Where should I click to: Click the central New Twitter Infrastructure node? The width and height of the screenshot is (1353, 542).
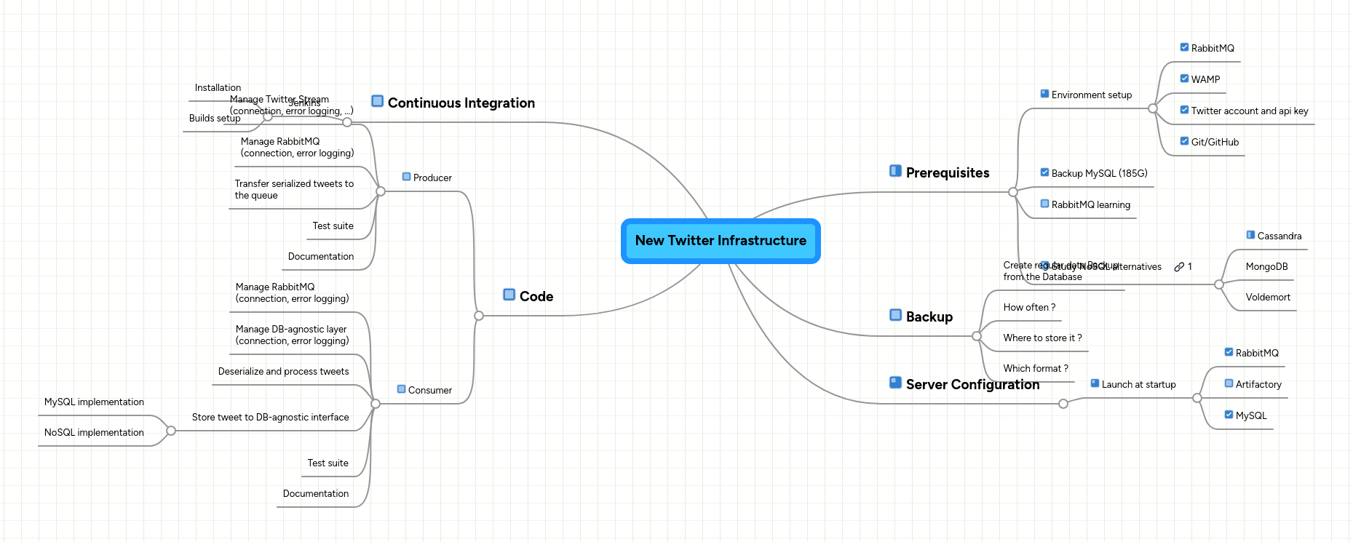point(721,241)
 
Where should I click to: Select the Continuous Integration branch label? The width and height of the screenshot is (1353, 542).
point(461,103)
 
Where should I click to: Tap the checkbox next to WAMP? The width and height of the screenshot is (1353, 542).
point(1184,79)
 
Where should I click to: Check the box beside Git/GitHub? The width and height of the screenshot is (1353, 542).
point(1184,141)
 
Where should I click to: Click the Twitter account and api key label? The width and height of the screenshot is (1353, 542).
point(1249,111)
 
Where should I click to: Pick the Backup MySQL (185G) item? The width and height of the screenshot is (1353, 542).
point(1099,174)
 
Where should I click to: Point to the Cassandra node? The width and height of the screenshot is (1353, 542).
point(1279,236)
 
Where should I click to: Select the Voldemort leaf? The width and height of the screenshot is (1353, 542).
point(1267,298)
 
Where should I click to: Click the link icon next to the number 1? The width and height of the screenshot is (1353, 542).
point(1179,267)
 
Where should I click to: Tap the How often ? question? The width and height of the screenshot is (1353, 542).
point(1028,308)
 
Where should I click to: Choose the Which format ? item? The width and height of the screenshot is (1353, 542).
point(1035,369)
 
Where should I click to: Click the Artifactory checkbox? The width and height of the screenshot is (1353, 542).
point(1229,383)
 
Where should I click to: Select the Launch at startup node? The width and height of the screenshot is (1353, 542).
point(1138,385)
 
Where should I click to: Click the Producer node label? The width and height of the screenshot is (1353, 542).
point(432,178)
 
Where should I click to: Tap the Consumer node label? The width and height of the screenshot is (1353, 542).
point(429,391)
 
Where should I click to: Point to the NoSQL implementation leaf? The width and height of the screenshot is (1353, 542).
point(94,433)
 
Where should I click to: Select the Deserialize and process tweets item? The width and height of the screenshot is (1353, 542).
point(283,372)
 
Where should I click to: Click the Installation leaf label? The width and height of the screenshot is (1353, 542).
point(218,88)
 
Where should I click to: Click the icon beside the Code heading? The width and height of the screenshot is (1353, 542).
point(509,295)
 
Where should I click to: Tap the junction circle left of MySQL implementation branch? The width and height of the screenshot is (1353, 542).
point(171,431)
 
